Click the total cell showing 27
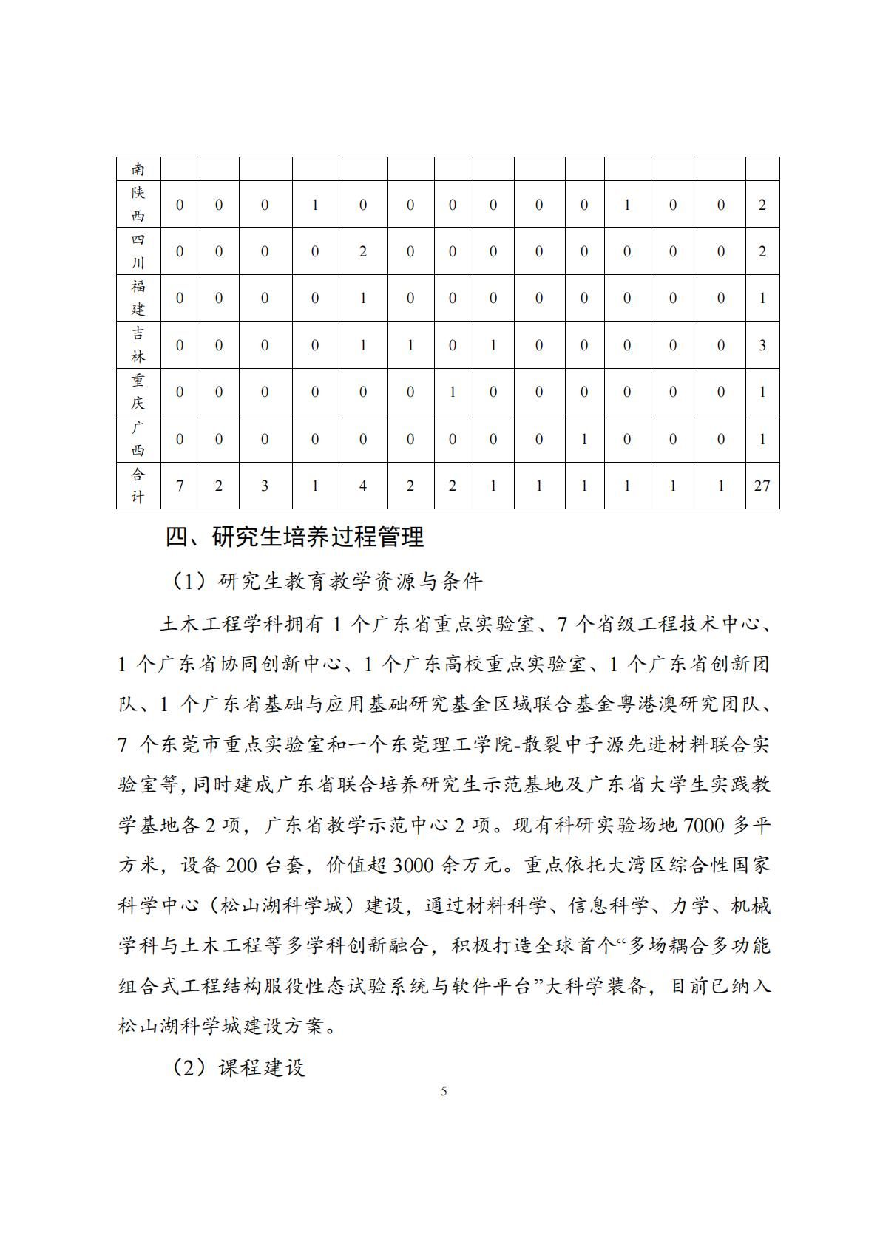tap(762, 486)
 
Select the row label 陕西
tap(138, 204)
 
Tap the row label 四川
tap(138, 251)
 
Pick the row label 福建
tap(138, 298)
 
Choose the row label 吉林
tap(138, 345)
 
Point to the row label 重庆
tap(138, 392)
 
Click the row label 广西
tap(138, 439)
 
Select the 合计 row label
tap(138, 486)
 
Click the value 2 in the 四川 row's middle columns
tap(363, 251)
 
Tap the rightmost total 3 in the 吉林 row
tap(762, 345)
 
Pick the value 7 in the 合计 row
tap(180, 486)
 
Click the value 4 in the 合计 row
tap(363, 486)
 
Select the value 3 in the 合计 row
tap(265, 486)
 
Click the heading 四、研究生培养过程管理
tap(294, 537)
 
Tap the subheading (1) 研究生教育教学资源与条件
tap(327, 582)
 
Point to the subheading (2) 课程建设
tap(238, 1067)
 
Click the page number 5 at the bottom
tap(444, 1091)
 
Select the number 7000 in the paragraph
tap(704, 825)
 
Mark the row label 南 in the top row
tap(138, 169)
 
